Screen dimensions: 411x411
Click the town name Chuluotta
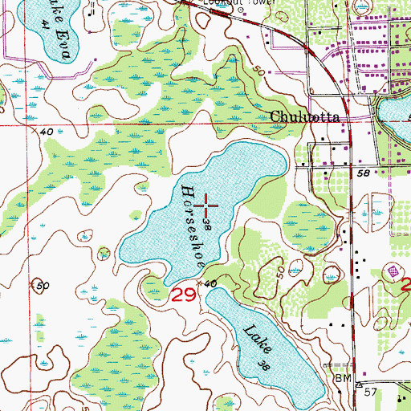point(304,116)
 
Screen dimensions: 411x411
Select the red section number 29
point(182,295)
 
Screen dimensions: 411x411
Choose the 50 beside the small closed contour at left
point(43,286)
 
